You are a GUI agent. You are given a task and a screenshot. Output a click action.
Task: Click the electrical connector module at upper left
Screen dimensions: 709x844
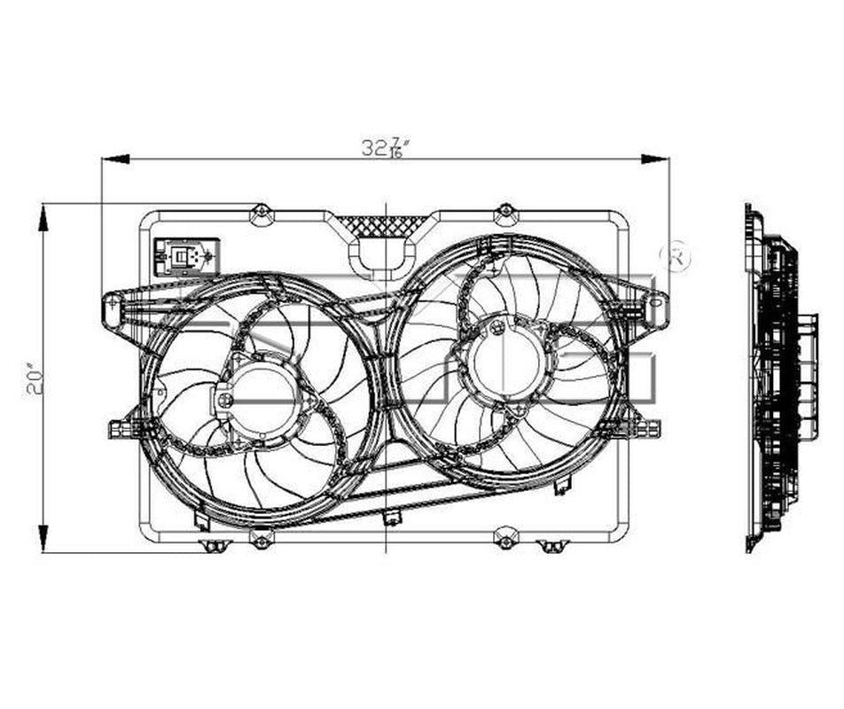(184, 256)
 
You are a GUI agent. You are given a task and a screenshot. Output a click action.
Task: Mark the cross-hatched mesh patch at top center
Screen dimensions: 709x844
(387, 225)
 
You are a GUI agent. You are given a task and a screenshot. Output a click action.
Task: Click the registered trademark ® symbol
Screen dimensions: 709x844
(678, 255)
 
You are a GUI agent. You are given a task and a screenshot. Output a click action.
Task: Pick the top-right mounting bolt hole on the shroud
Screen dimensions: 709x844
(504, 212)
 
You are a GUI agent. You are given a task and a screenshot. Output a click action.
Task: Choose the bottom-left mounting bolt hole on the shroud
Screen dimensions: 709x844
(261, 539)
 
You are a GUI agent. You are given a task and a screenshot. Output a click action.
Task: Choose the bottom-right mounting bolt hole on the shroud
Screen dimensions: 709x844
(504, 540)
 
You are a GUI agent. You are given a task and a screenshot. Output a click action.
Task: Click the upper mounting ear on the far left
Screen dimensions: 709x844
(113, 308)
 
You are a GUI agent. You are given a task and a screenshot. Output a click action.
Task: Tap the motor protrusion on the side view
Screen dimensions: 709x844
(809, 377)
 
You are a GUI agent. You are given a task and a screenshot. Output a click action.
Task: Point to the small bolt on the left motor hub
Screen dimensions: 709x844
(225, 400)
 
